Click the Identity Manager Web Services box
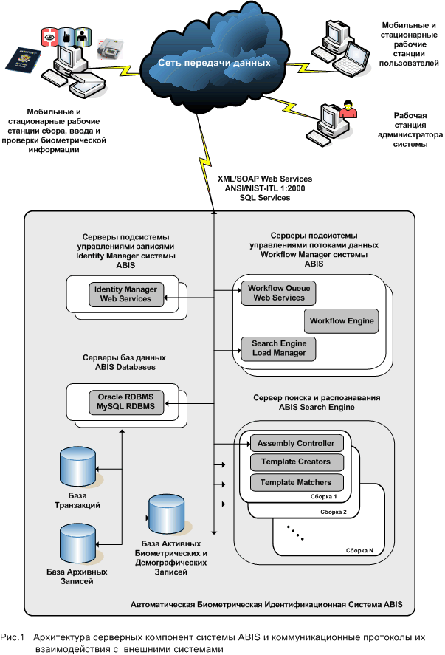(x=125, y=293)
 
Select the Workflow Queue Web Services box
(x=276, y=292)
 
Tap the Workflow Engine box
(x=342, y=321)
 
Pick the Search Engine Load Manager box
(x=278, y=349)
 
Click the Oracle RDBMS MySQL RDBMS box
(x=126, y=402)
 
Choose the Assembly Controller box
(x=297, y=444)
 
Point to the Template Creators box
(x=297, y=463)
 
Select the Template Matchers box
(x=297, y=483)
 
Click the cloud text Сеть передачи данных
(x=214, y=63)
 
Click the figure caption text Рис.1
(x=13, y=636)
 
